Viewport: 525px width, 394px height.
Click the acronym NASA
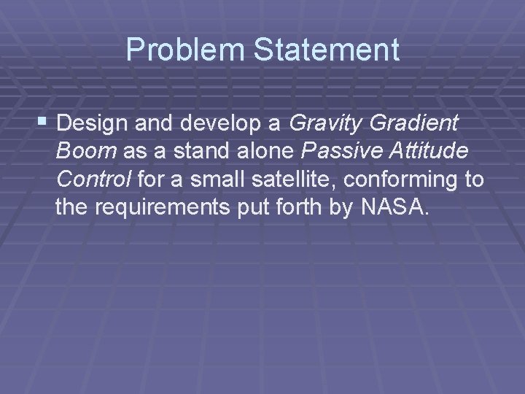coord(395,208)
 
